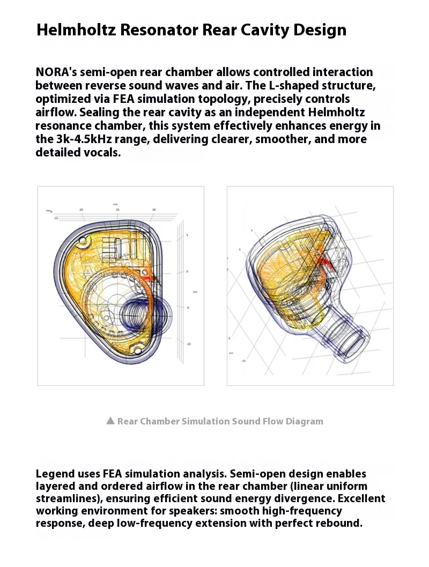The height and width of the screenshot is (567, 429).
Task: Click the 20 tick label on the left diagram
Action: point(81,210)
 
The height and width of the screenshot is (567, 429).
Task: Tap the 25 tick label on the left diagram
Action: point(117,210)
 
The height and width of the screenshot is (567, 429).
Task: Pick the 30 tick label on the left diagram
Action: point(154,210)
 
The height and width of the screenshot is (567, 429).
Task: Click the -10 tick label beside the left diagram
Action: point(188,344)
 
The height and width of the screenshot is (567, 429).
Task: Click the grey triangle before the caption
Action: point(110,421)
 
